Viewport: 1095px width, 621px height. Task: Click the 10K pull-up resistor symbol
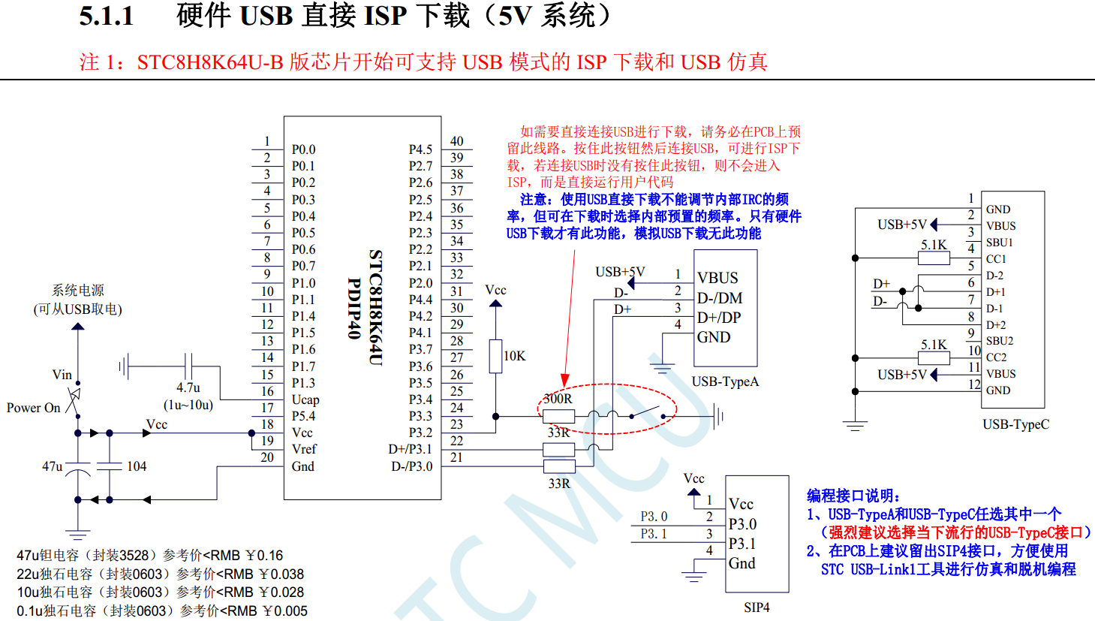coord(495,356)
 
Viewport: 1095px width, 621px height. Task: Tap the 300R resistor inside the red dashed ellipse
coord(558,416)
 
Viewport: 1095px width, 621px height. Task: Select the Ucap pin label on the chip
coord(305,399)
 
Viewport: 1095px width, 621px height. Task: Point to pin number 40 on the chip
coord(456,141)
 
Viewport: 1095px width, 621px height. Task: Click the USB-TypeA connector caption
coord(725,381)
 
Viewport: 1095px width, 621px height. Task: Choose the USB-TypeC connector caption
coord(1015,424)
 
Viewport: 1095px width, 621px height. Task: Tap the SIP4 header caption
coord(757,607)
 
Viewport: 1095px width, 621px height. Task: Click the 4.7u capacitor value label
coord(188,387)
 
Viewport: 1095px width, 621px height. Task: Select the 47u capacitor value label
coord(53,466)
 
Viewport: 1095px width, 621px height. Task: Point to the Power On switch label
coord(33,408)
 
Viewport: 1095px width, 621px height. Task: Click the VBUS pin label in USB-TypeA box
coord(717,278)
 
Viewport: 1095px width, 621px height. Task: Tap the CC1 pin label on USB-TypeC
coord(996,259)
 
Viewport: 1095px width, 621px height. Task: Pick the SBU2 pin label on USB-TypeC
coord(1000,341)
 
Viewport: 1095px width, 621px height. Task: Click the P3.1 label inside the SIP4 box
coord(742,544)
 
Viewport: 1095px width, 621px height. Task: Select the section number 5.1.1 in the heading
coord(107,17)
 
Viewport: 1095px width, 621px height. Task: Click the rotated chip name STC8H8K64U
coord(375,308)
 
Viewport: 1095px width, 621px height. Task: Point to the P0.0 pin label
coord(303,149)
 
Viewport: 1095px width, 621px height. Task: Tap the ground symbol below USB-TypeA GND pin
coord(662,368)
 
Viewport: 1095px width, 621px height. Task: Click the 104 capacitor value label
coord(137,466)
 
